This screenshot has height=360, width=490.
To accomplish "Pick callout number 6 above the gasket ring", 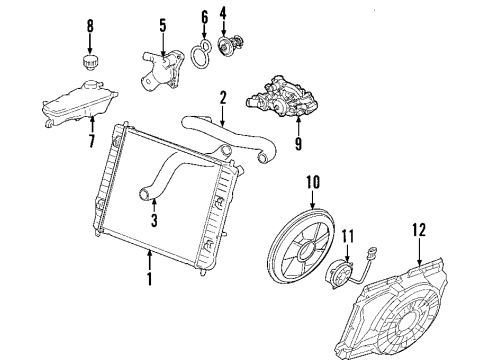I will (203, 18).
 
